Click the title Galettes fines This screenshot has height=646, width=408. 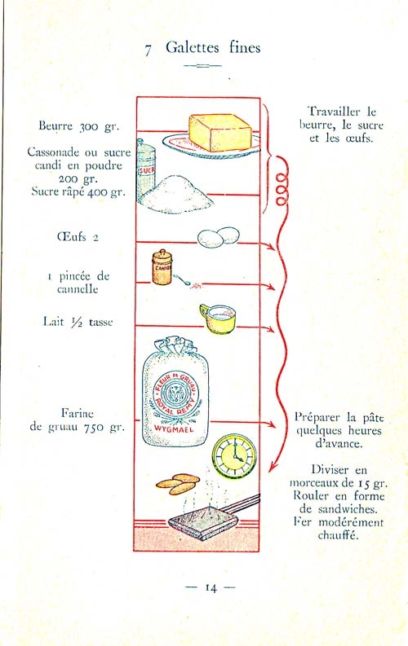[213, 48]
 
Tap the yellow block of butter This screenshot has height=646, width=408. [220, 132]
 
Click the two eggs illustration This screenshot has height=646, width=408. [218, 237]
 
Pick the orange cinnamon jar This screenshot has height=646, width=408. [162, 267]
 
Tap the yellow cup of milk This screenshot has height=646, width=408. [217, 319]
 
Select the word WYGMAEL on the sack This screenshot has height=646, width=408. [174, 428]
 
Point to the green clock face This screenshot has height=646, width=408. [234, 455]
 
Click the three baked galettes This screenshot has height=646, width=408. [178, 484]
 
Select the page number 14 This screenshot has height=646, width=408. [211, 587]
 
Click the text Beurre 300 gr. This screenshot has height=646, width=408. [79, 125]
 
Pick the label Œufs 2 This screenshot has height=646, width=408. [78, 237]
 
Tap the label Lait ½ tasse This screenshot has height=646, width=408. [78, 321]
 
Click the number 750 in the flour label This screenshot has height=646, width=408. [95, 428]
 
